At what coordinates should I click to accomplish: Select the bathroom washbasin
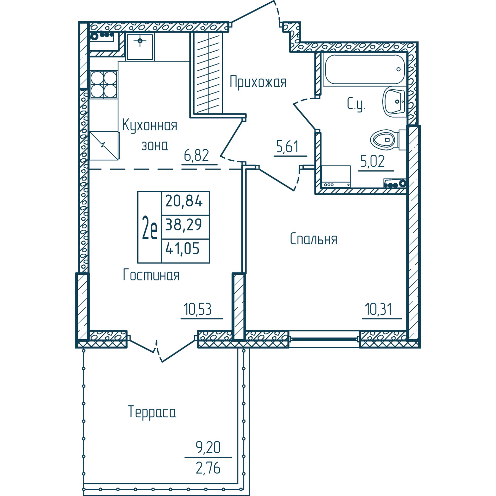(394, 102)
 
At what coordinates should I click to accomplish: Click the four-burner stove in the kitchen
(104, 84)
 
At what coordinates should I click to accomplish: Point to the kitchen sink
(140, 47)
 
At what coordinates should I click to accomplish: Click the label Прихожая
(258, 82)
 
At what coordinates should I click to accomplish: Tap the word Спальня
(313, 239)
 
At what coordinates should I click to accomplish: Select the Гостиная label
(151, 275)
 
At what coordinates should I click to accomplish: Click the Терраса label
(152, 412)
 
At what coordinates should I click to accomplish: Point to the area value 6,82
(196, 155)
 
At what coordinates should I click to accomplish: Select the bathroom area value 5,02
(373, 161)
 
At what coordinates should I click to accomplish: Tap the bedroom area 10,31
(379, 310)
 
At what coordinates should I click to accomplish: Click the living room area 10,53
(198, 310)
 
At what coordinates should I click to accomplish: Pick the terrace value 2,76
(208, 468)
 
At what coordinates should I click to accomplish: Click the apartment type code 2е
(149, 227)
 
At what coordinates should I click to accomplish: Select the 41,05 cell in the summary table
(183, 248)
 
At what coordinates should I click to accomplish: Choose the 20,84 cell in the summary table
(184, 201)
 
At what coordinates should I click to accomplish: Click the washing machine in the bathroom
(336, 177)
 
